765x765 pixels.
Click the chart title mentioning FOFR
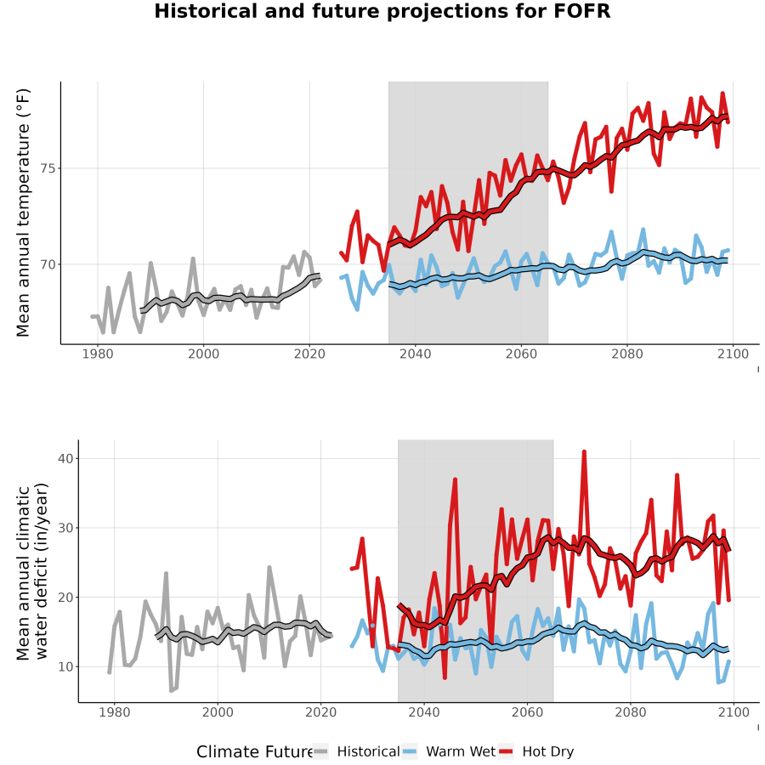(382, 11)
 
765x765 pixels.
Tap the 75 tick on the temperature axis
(48, 169)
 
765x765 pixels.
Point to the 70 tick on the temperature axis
(48, 264)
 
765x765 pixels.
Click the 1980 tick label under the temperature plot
(98, 354)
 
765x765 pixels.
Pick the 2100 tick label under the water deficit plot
(734, 712)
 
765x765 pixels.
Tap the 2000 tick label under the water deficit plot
(218, 712)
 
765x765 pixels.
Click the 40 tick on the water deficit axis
(65, 459)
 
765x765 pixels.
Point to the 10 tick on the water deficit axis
(65, 666)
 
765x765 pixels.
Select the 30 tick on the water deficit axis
(65, 528)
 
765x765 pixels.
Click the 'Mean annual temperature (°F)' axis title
(23, 212)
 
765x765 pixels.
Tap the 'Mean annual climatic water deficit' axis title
(32, 571)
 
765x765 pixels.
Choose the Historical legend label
(368, 751)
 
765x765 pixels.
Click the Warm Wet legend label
(461, 751)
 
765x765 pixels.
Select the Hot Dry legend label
(548, 751)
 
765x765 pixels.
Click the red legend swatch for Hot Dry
(507, 751)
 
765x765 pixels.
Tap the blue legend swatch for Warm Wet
(411, 751)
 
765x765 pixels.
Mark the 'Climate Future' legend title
(255, 751)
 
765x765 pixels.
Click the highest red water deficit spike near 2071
(584, 452)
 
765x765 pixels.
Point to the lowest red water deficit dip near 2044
(445, 677)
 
